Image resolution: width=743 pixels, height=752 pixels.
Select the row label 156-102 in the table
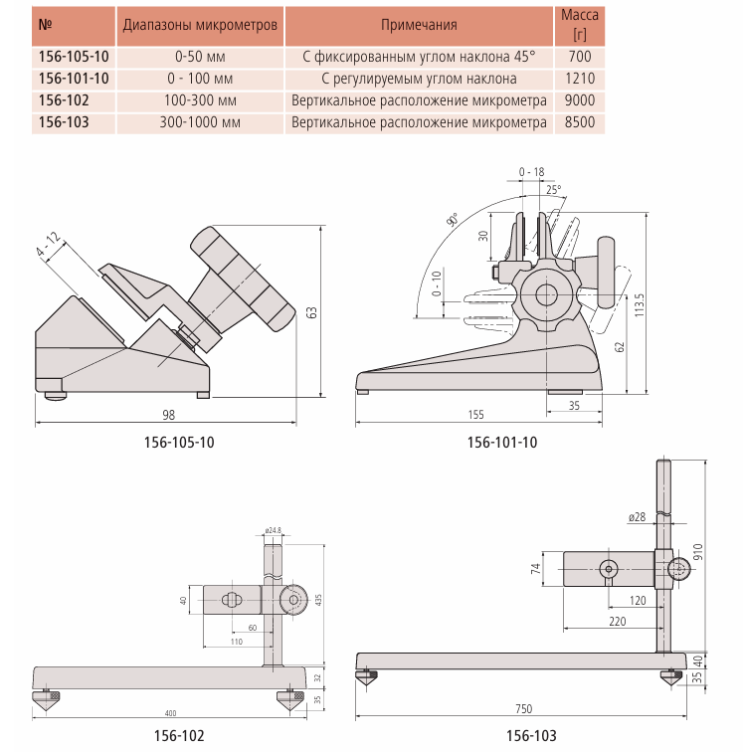click(x=63, y=100)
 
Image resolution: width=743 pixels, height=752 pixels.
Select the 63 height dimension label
click(x=311, y=312)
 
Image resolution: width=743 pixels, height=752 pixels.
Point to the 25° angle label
click(x=553, y=188)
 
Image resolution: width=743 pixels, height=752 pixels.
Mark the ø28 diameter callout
click(x=637, y=517)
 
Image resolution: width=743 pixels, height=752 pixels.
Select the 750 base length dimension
click(x=524, y=707)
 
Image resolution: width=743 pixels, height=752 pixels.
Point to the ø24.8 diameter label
click(x=274, y=530)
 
